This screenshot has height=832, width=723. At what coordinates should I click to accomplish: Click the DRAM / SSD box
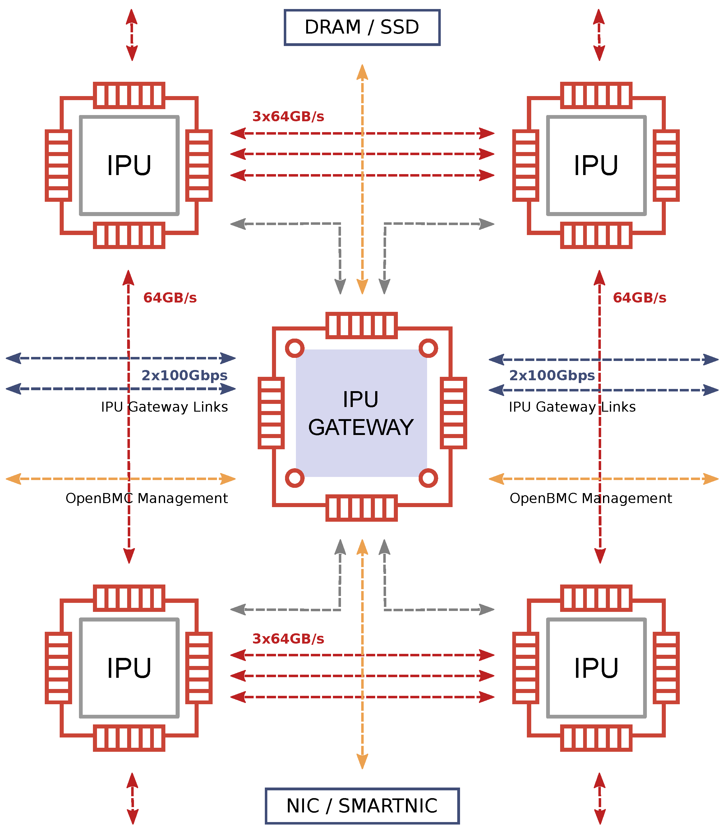coord(362,27)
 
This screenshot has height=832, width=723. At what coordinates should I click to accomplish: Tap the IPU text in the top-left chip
coord(129,165)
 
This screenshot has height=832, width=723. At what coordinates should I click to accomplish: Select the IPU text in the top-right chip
coord(596,165)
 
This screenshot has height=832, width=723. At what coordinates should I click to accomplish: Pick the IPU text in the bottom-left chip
coord(129,668)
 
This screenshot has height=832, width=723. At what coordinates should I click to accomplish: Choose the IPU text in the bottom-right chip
coord(596,668)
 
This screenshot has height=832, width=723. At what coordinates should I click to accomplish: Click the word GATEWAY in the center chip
coord(361,427)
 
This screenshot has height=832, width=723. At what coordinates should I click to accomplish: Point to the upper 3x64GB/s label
coord(288,117)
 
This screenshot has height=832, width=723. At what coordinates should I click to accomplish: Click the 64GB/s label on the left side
coord(170,298)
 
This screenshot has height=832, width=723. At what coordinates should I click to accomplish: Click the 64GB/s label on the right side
coord(639,298)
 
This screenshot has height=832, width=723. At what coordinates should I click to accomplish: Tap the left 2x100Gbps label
coord(184,375)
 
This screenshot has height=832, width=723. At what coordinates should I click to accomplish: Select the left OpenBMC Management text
coord(146,498)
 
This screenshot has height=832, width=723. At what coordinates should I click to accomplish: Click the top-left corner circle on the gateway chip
coord(295,348)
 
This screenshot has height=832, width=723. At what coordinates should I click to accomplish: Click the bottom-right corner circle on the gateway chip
coord(428,478)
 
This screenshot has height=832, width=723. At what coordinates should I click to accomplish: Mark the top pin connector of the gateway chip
coord(361,325)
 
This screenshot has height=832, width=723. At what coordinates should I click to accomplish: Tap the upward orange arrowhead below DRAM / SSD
coord(362,73)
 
